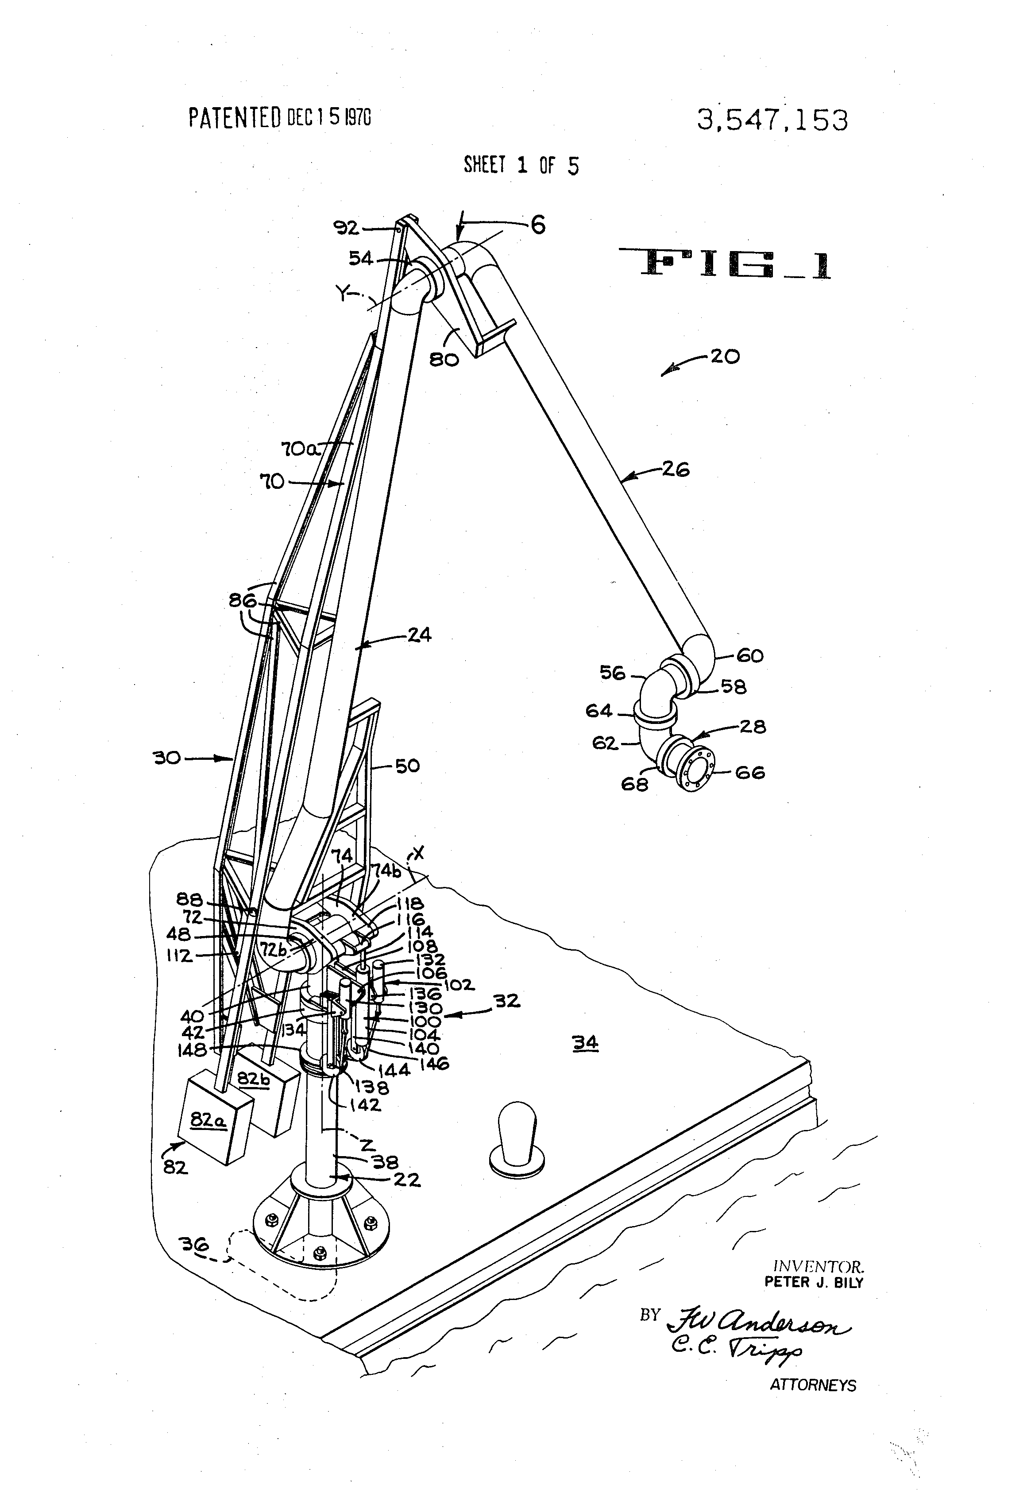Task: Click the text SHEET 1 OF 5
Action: pyautogui.click(x=521, y=166)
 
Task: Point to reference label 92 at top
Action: pyautogui.click(x=346, y=227)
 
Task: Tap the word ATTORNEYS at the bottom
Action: pyautogui.click(x=813, y=1385)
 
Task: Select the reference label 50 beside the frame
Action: pyautogui.click(x=407, y=766)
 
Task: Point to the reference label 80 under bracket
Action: pyautogui.click(x=444, y=359)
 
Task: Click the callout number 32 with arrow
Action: pyautogui.click(x=507, y=1001)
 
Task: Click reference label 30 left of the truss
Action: pyautogui.click(x=167, y=758)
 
